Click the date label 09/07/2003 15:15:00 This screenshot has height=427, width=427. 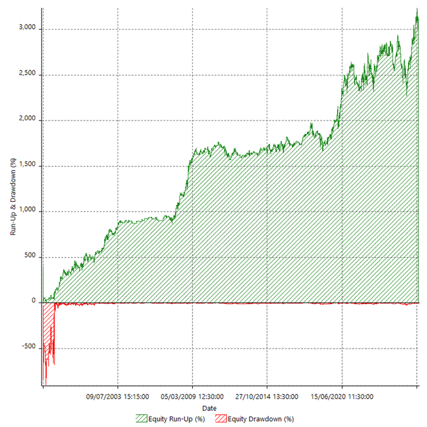118,397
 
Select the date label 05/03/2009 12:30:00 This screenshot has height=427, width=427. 192,397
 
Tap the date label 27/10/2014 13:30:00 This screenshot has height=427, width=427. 267,397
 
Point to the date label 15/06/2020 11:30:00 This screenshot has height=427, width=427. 342,397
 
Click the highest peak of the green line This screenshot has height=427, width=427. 416,9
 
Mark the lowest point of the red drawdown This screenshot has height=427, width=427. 46,384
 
